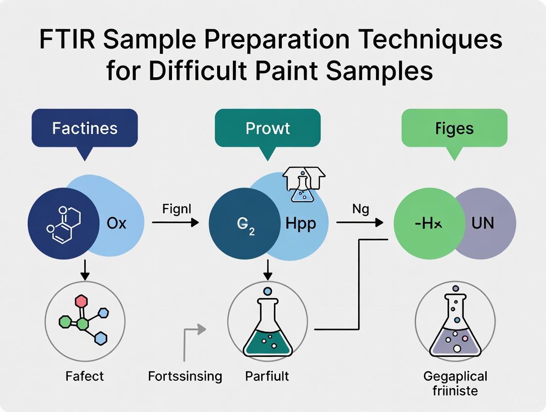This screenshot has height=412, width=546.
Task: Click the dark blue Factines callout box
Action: [85, 128]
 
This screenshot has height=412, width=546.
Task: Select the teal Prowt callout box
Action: [268, 128]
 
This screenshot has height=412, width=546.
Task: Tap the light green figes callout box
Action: [455, 128]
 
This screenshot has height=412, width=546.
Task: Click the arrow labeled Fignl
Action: [175, 223]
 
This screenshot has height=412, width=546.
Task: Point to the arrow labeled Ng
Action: [360, 223]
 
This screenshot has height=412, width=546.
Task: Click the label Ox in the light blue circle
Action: [117, 223]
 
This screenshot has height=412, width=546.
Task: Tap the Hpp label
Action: [301, 223]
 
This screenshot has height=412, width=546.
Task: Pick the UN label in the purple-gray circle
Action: [482, 223]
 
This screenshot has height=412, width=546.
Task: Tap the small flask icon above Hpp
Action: [302, 186]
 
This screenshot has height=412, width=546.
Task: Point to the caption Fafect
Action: [85, 376]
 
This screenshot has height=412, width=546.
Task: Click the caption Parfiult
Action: [267, 376]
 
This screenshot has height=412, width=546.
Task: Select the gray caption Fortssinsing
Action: [185, 376]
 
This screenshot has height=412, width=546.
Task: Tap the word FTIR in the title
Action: [67, 42]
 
